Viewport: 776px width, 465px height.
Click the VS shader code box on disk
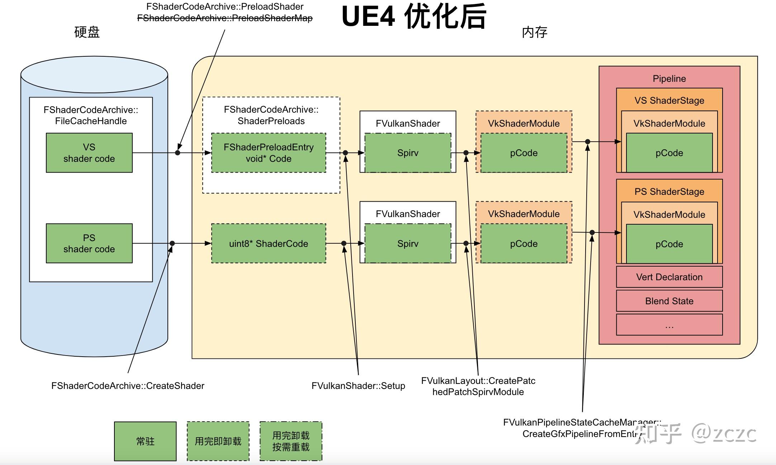pyautogui.click(x=89, y=153)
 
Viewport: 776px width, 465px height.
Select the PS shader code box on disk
pyautogui.click(x=89, y=243)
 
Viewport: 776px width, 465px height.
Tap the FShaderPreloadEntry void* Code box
pyautogui.click(x=269, y=153)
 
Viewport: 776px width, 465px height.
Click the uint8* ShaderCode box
pyautogui.click(x=269, y=244)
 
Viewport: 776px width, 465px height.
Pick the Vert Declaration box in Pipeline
pyautogui.click(x=669, y=277)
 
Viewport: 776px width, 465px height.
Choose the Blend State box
pyautogui.click(x=669, y=301)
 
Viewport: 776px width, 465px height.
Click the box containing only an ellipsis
pyautogui.click(x=669, y=325)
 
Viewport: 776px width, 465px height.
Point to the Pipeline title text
pyautogui.click(x=669, y=79)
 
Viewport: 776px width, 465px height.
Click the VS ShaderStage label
pyautogui.click(x=669, y=100)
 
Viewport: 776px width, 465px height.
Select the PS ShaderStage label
pyautogui.click(x=669, y=192)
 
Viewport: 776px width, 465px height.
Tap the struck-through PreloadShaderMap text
pyautogui.click(x=225, y=18)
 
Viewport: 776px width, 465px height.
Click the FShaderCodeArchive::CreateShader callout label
pyautogui.click(x=128, y=386)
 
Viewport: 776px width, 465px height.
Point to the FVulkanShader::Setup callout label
pyautogui.click(x=358, y=386)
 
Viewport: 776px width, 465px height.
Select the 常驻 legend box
pyautogui.click(x=145, y=441)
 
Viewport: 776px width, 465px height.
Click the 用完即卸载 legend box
pyautogui.click(x=218, y=441)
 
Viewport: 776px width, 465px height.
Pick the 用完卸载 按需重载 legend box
pyautogui.click(x=291, y=441)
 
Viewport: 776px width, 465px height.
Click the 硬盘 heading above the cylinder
pyautogui.click(x=87, y=32)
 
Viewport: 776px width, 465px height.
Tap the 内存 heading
pyautogui.click(x=534, y=32)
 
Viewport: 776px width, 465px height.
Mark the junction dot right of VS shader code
pyautogui.click(x=178, y=153)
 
